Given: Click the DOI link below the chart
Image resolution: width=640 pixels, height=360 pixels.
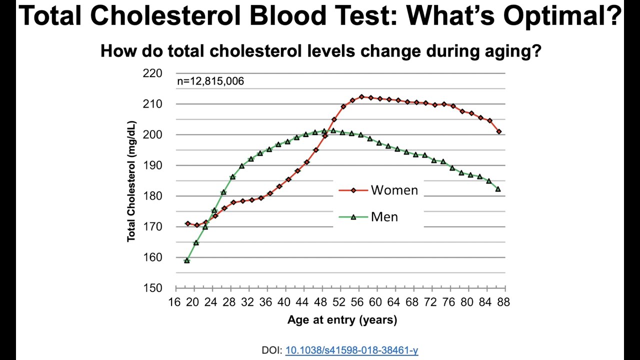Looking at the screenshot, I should point(351,350).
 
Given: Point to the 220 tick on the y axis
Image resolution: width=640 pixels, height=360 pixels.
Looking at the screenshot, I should point(152,73).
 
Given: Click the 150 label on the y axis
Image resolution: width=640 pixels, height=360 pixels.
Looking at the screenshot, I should point(152,288).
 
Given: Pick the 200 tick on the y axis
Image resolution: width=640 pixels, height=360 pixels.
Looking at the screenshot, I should point(152,135).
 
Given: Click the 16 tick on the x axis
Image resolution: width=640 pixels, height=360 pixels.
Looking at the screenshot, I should point(174,302).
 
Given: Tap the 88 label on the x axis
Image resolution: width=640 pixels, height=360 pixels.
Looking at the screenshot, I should point(503,302).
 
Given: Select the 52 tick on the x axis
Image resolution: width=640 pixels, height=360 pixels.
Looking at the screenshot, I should point(339,302).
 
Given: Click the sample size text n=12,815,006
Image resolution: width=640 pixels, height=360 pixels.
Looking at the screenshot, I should point(210,81).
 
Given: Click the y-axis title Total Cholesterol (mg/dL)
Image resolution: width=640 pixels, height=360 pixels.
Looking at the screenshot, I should point(131,181).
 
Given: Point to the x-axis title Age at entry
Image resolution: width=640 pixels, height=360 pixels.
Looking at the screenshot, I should point(342,320).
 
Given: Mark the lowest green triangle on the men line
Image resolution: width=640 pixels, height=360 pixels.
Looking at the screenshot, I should point(187,260).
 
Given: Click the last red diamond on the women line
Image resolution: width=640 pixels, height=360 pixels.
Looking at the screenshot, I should point(499,131).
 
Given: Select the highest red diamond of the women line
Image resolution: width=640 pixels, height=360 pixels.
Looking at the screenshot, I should point(361,97).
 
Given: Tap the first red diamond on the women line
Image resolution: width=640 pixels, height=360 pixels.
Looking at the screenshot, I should point(187,223).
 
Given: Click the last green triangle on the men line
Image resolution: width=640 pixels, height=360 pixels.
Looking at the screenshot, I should point(498,189).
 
